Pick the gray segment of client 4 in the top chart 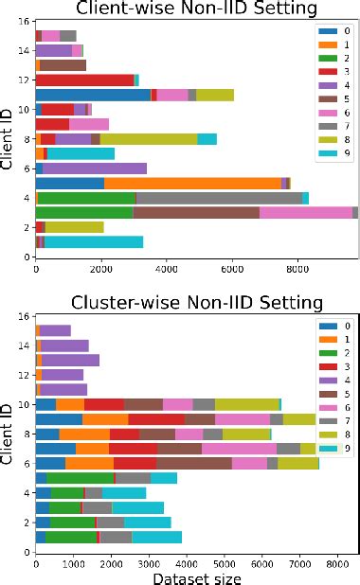point(219,198)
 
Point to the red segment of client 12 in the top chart point(84,80)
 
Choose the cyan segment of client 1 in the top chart point(94,241)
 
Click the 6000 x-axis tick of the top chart point(232,268)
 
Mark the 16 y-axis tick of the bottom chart point(23,316)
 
